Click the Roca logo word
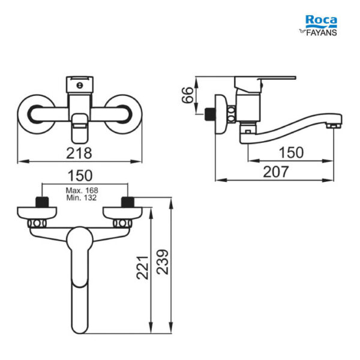321,20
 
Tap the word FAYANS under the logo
322,32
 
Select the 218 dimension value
79,153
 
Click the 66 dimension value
188,95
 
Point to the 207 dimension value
275,172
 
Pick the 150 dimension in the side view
291,152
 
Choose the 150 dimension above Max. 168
80,175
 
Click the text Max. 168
82,190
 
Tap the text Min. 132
82,197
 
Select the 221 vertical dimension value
143,268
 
